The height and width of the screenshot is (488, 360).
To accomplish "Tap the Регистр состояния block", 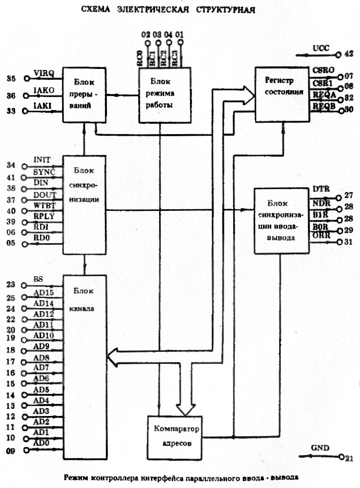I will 282,94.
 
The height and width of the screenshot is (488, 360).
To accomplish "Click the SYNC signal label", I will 44,172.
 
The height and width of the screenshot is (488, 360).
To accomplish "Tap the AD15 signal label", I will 44,292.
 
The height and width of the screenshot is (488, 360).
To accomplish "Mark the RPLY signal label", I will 44,216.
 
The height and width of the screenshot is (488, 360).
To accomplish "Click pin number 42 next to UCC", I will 349,53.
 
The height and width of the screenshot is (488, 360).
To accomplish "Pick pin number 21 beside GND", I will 349,458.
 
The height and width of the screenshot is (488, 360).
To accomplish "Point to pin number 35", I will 11,79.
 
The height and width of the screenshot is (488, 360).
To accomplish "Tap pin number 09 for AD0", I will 11,450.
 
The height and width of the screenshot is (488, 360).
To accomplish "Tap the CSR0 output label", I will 320,70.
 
